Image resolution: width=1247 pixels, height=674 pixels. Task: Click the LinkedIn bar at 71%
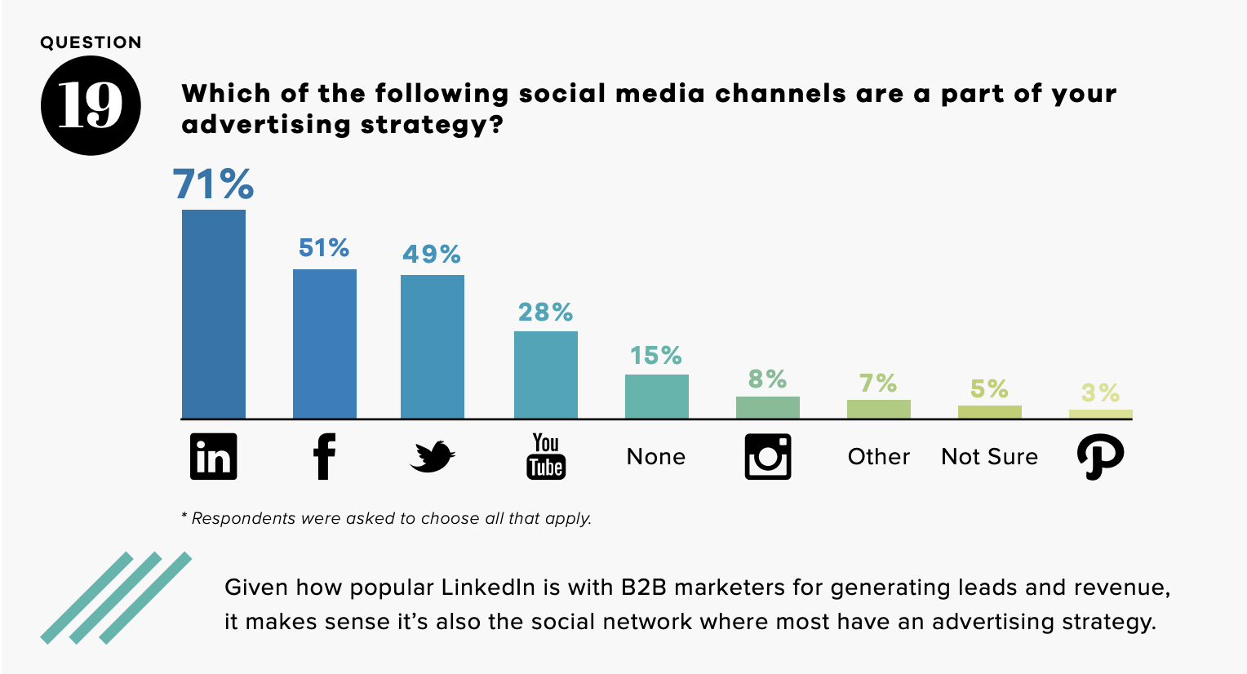pos(213,314)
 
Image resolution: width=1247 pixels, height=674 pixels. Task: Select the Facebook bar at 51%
pos(324,344)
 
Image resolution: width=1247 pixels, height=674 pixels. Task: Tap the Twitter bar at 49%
pos(432,347)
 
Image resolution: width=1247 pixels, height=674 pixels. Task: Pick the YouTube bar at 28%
pos(545,375)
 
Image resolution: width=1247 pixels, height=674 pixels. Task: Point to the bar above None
pos(656,397)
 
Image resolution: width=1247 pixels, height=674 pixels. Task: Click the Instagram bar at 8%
pos(767,407)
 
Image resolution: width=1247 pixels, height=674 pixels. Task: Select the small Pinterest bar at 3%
pos(1100,414)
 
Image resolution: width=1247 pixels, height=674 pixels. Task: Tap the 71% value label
pos(213,184)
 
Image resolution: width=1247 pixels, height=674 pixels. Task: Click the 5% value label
pos(989,388)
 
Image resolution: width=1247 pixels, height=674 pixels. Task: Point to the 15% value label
pos(655,356)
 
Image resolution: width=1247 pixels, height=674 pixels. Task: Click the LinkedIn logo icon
pos(213,456)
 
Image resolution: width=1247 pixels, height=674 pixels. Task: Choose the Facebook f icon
pos(324,456)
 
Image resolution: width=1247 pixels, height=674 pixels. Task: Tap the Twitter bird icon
pos(432,457)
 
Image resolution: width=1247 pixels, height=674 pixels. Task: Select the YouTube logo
pos(546,456)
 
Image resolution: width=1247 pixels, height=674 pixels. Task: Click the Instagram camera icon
pos(768,456)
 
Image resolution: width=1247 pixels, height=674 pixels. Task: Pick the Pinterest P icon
pos(1100,456)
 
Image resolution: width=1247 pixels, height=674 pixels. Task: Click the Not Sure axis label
pos(989,456)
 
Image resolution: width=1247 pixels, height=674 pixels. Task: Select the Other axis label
pos(878,456)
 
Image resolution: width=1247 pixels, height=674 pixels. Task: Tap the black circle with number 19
pos(91,105)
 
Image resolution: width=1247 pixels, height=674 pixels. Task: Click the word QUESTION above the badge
pos(91,42)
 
